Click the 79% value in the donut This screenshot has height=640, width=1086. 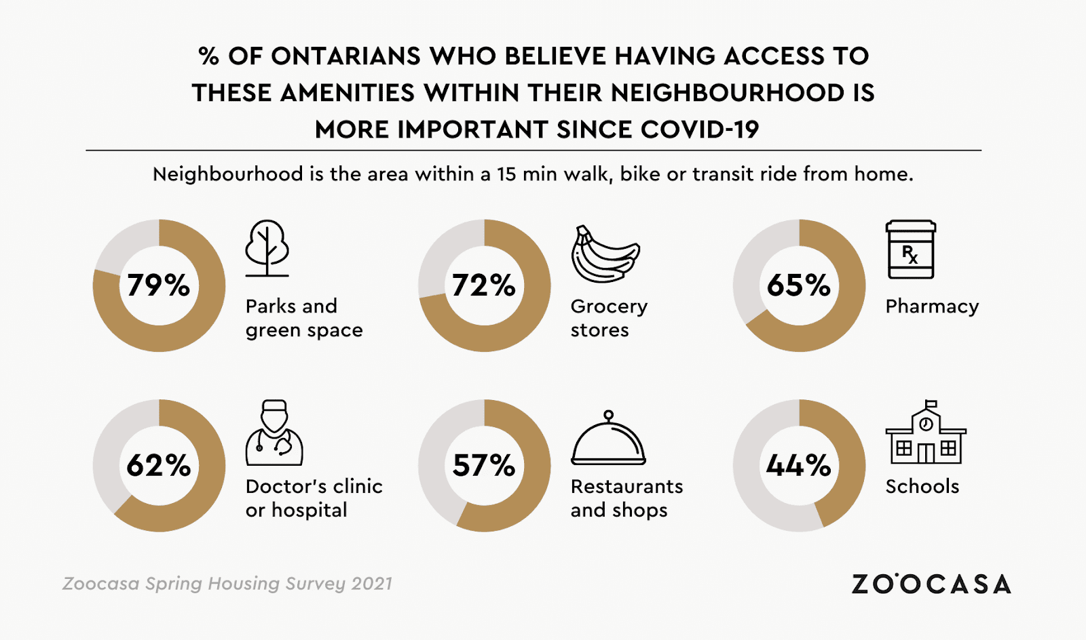click(158, 285)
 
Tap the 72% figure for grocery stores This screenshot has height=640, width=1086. click(484, 285)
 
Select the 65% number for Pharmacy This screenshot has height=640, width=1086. click(799, 285)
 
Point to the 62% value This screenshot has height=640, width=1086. click(158, 466)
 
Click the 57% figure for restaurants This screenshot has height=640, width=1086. click(484, 466)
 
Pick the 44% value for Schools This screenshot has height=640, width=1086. click(799, 466)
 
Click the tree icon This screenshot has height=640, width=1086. click(267, 248)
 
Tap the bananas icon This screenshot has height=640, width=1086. click(605, 254)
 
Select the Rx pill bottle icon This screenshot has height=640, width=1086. click(911, 249)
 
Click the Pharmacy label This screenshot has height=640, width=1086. click(932, 306)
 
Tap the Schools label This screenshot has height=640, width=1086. click(922, 486)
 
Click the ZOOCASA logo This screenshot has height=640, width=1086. click(931, 584)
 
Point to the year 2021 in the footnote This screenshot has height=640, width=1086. click(372, 584)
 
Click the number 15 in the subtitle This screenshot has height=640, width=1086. click(506, 174)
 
